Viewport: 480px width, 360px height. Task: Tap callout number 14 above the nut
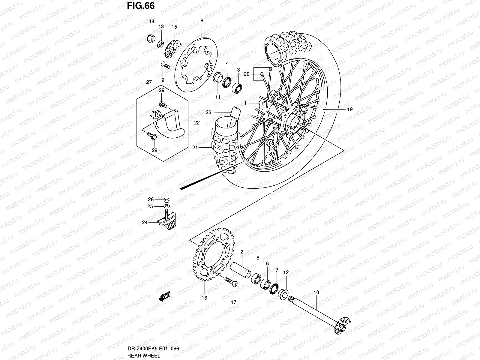coord(152,21)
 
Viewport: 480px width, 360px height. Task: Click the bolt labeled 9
coord(165,65)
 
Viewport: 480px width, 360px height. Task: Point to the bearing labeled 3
coord(237,87)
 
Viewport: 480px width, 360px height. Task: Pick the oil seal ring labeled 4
coord(227,82)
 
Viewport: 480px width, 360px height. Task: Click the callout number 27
coord(149,82)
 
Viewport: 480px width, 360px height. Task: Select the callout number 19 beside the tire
coord(350,109)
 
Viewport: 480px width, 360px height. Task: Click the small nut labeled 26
coord(167,200)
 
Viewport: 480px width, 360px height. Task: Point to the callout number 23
coord(208,112)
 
